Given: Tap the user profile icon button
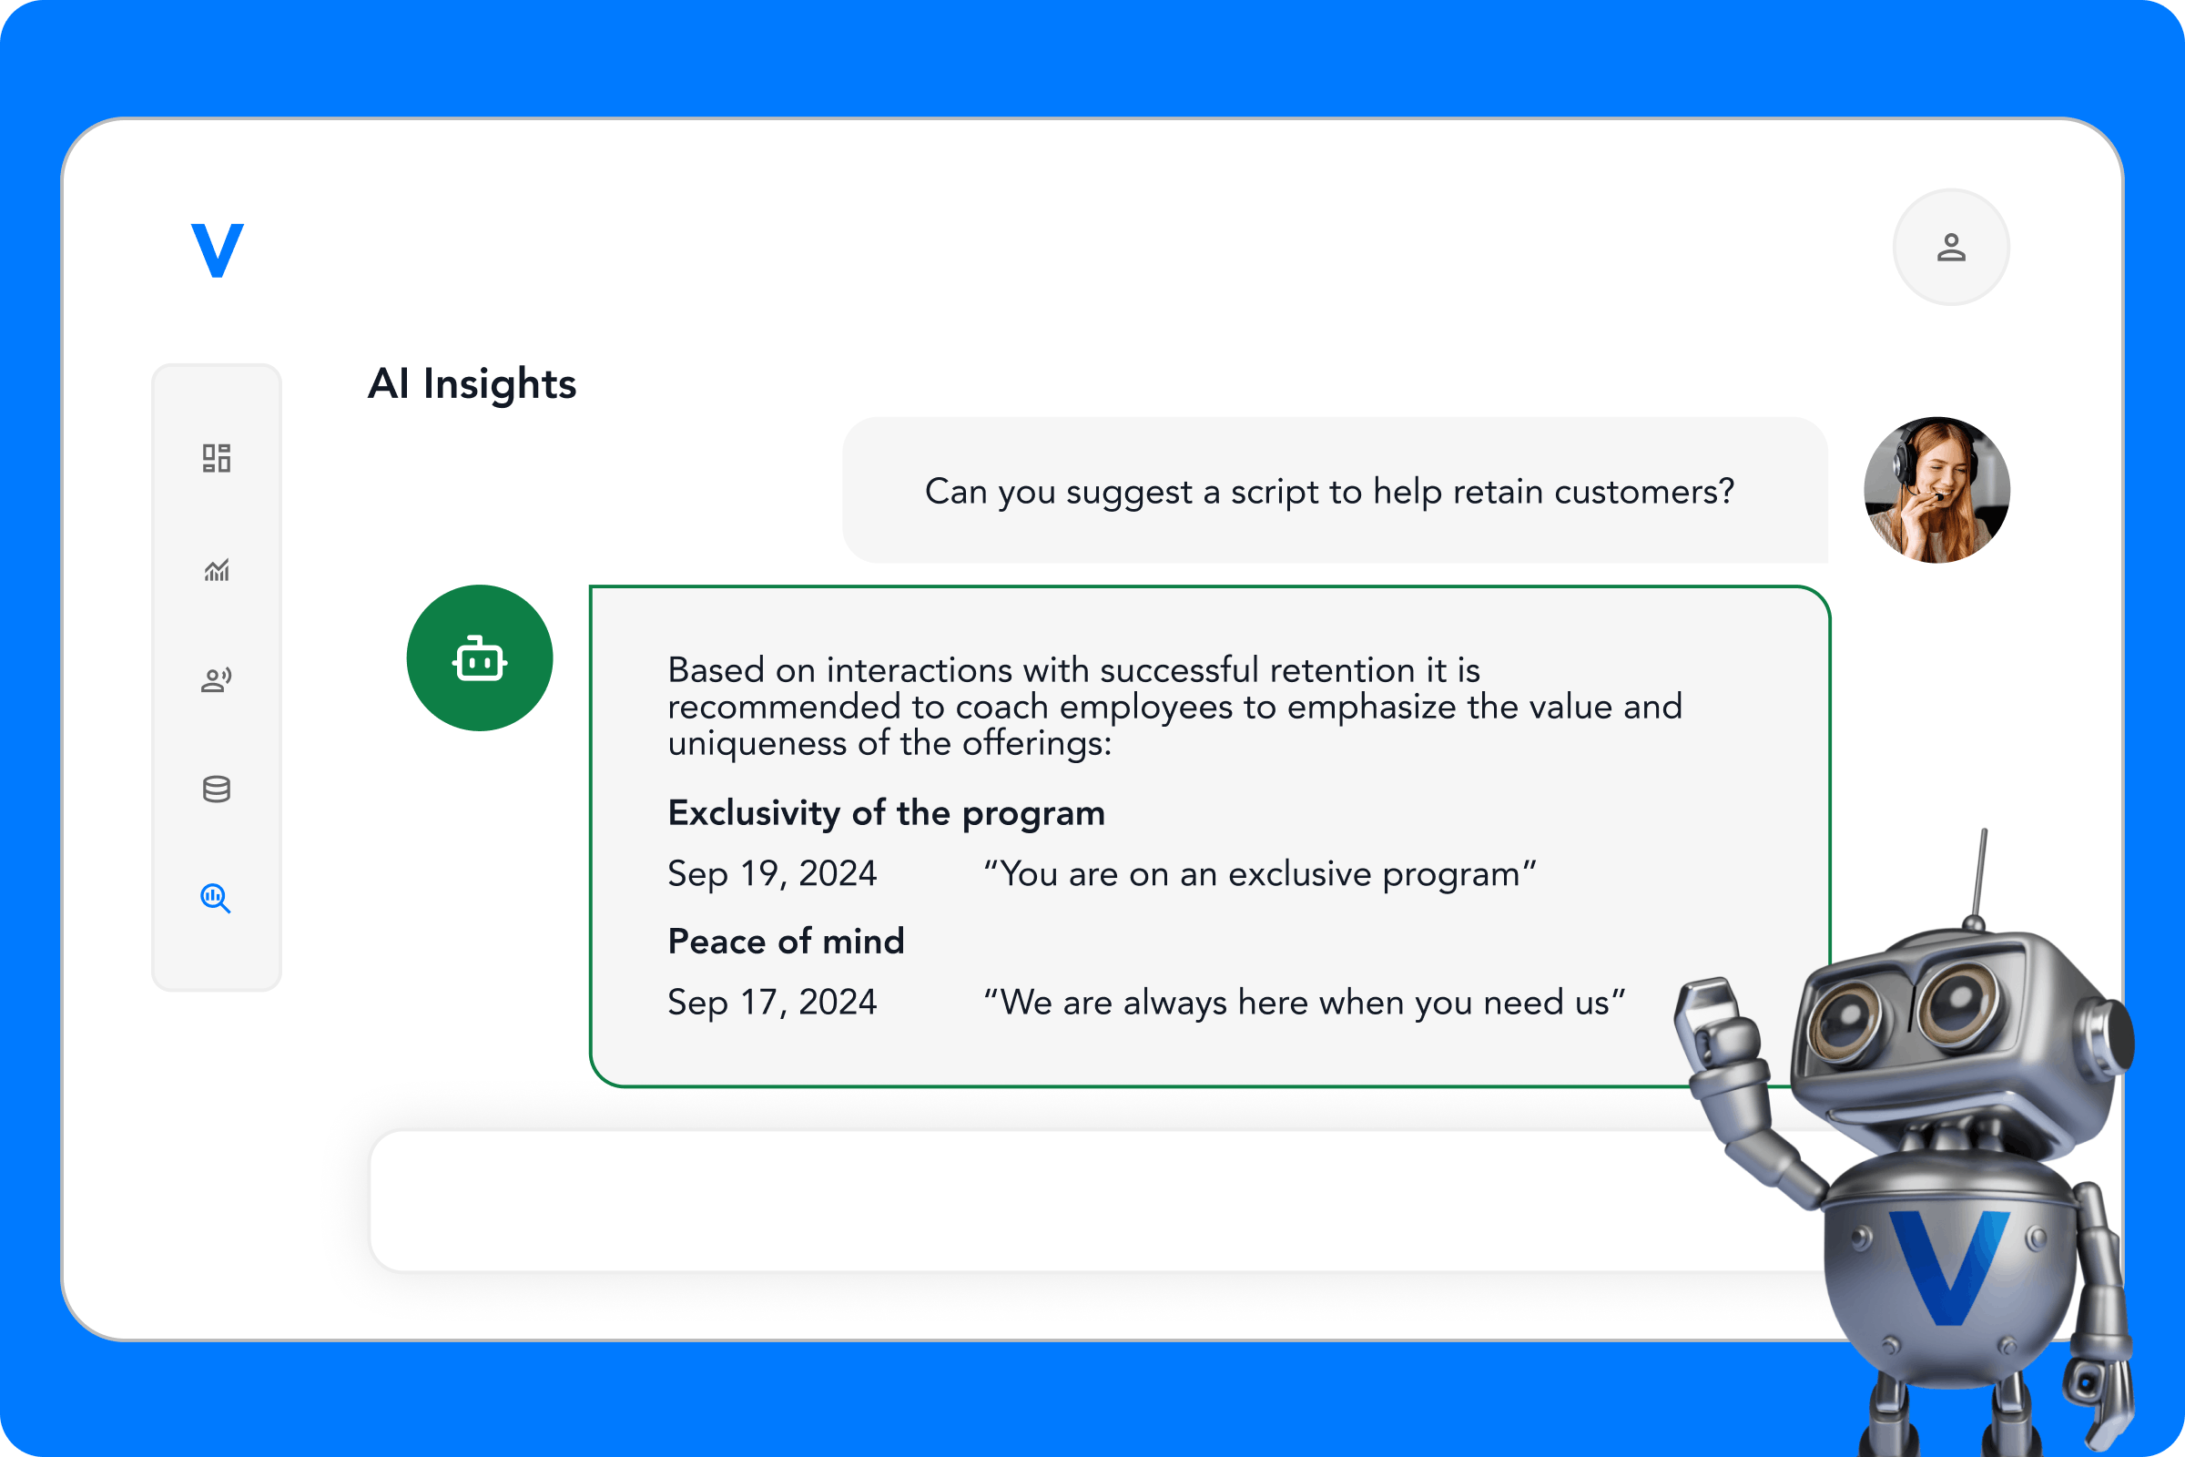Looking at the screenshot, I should (1951, 247).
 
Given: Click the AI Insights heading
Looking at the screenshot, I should (472, 383).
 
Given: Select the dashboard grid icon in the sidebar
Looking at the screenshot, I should (217, 458).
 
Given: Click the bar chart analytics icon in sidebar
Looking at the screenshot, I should (217, 570).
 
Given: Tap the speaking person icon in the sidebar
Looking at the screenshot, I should (217, 680).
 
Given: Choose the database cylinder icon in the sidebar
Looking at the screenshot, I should (217, 789).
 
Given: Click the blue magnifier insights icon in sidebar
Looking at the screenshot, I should (216, 898).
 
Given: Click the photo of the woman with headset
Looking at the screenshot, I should (1937, 490).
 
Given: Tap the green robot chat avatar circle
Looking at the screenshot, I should (480, 657).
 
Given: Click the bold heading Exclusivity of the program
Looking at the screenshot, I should (886, 813).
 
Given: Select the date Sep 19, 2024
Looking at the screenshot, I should (772, 873).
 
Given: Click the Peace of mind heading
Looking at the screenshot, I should (786, 942).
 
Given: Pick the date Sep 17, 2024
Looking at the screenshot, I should (772, 1002).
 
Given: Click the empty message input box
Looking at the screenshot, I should (1021, 1200).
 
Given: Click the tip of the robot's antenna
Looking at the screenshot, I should (1984, 832).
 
